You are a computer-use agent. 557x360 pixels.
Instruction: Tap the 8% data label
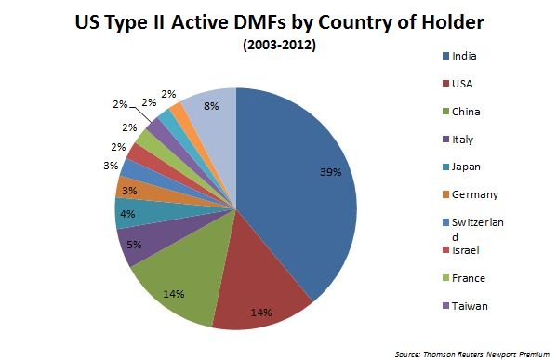click(x=212, y=106)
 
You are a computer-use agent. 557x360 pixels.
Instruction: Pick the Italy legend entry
click(x=462, y=139)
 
